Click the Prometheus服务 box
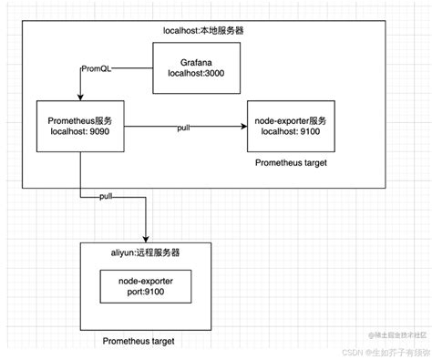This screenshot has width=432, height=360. (x=81, y=126)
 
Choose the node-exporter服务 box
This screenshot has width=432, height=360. (x=291, y=126)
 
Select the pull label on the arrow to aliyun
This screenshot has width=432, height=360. (x=106, y=196)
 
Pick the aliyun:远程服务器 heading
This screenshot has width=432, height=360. (x=146, y=249)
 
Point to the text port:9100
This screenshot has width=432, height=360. (x=146, y=293)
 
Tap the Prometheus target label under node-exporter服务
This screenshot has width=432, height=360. (x=293, y=162)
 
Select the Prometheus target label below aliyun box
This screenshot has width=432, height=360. (x=138, y=341)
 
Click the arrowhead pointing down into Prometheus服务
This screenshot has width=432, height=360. (x=80, y=97)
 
